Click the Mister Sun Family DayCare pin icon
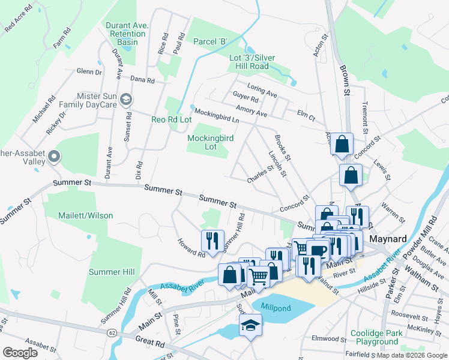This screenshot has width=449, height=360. point(125,99)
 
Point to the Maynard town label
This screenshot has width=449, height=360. point(387,238)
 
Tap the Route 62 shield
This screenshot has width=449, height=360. point(112,331)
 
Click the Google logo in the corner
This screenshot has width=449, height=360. point(20,353)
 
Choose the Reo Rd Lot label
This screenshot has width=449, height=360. point(172,120)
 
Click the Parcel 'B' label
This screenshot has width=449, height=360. point(210,41)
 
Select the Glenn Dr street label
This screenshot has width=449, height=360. point(89,71)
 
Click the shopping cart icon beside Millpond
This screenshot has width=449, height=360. point(258,277)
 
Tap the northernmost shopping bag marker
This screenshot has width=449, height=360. point(342,144)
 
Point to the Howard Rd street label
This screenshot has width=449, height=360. point(191,247)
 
